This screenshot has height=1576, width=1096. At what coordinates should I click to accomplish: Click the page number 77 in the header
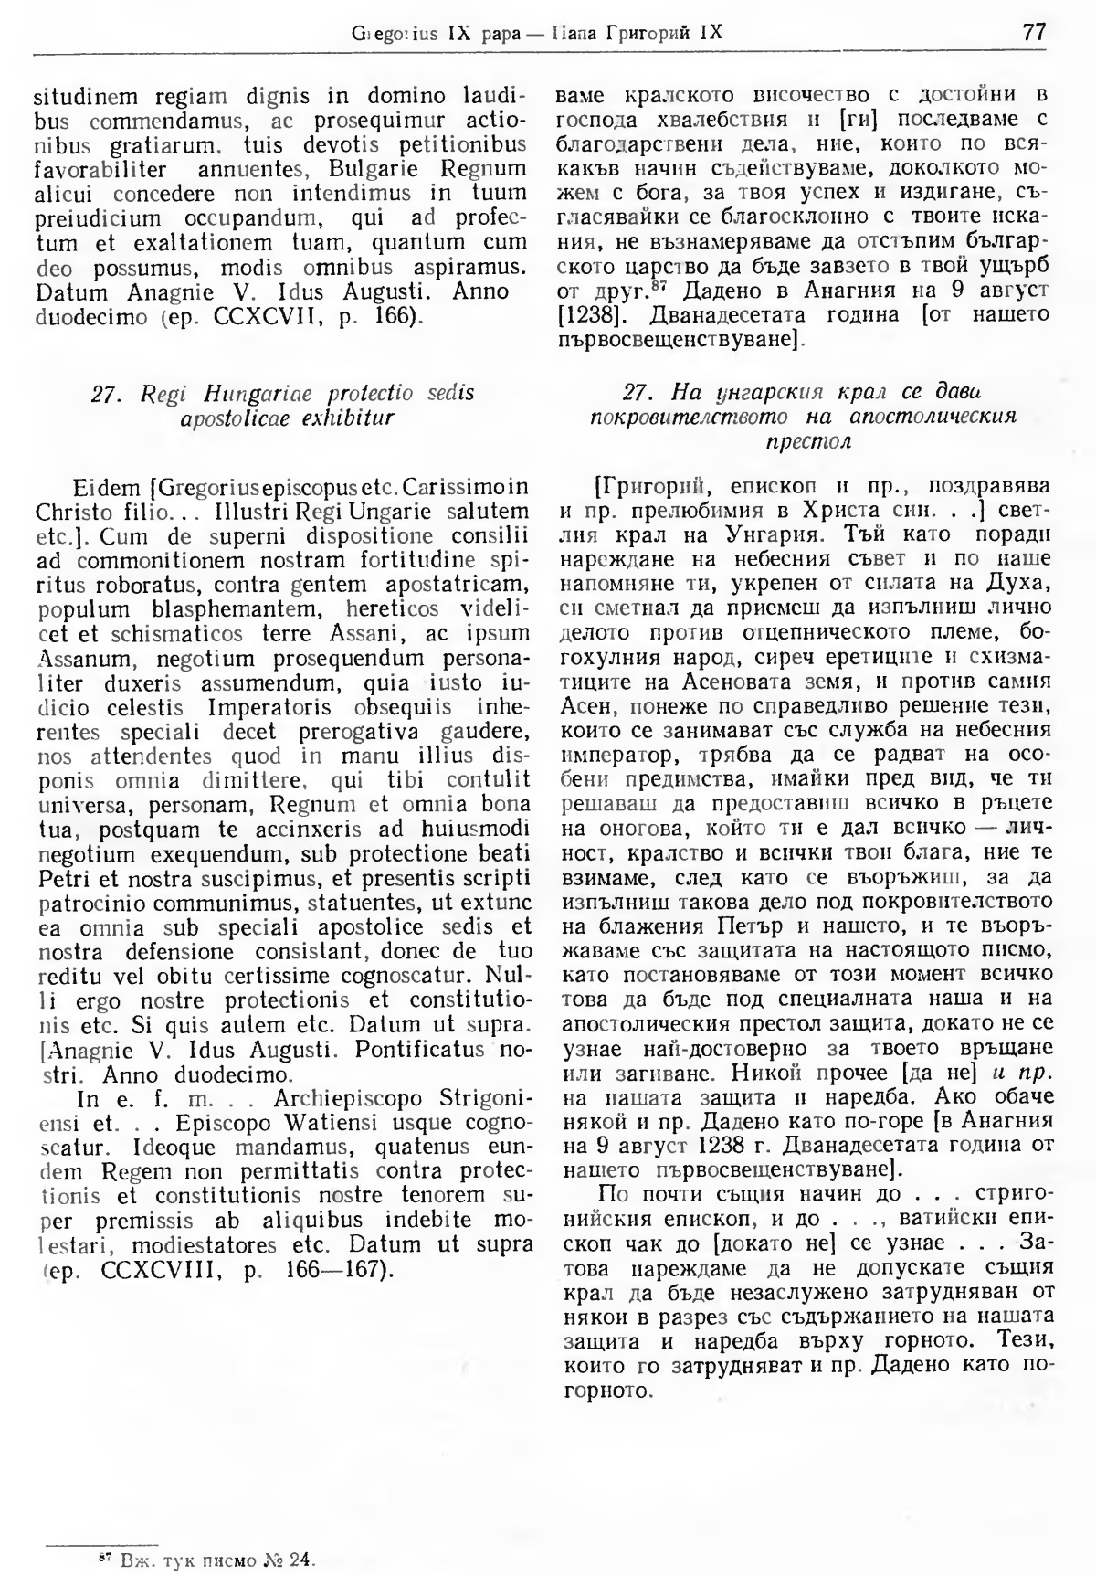tap(1034, 32)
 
